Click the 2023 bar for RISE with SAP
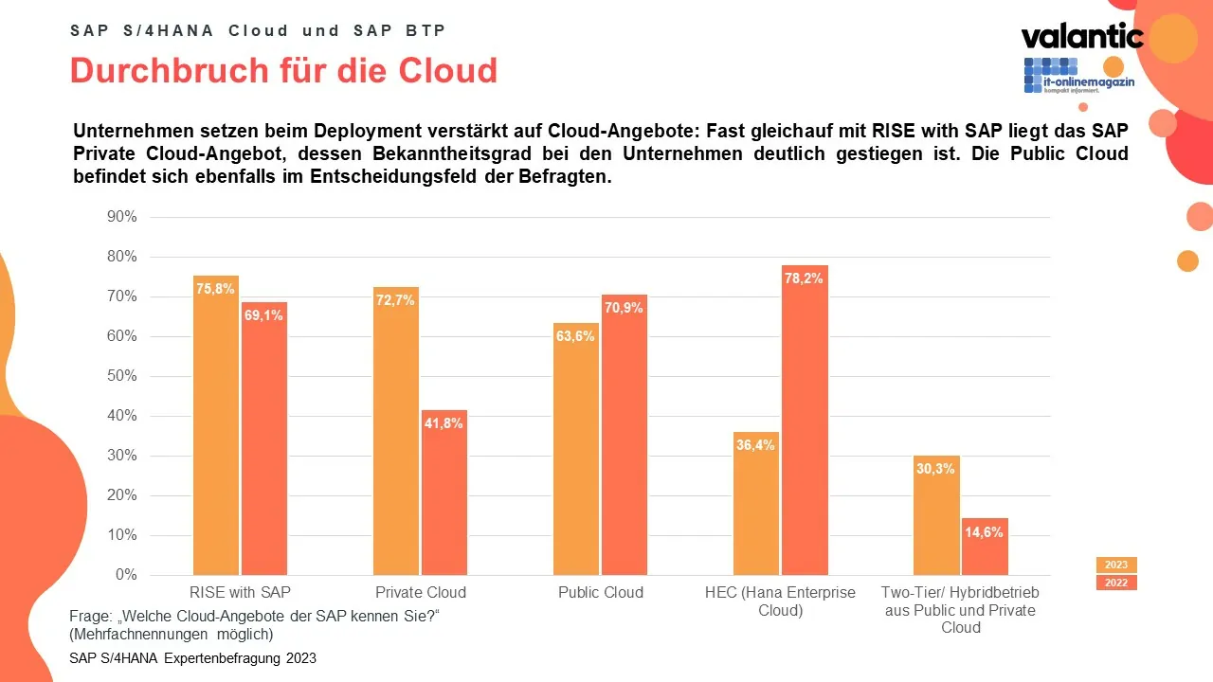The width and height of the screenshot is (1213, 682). (x=216, y=426)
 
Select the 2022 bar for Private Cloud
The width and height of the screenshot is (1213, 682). (x=444, y=493)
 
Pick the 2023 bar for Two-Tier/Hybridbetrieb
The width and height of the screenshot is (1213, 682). (x=936, y=516)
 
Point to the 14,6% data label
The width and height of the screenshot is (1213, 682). (x=985, y=532)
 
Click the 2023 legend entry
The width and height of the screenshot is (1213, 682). (x=1116, y=565)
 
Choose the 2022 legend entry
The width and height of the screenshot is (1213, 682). (x=1116, y=583)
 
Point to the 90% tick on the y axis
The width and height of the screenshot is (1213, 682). (x=121, y=217)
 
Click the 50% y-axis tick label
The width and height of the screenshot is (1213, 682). (x=121, y=376)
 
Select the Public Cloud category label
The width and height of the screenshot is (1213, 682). (x=601, y=593)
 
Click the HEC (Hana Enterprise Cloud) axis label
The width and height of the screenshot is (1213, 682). (x=780, y=601)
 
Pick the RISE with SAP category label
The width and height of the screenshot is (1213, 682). (x=241, y=593)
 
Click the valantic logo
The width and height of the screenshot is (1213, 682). (x=1081, y=37)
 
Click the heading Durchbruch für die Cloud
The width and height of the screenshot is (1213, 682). (x=283, y=71)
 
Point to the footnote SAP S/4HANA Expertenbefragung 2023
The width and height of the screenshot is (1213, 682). (x=193, y=658)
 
